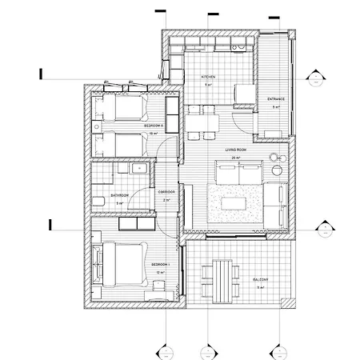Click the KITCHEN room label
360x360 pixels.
pos(208,77)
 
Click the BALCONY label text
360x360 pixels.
pos(261,279)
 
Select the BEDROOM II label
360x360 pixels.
pos(154,126)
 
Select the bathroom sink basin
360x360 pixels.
pos(137,169)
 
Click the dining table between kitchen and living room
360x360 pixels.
pos(206,122)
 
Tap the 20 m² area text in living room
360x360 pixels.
pos(234,158)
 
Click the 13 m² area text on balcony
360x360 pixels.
pos(261,287)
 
